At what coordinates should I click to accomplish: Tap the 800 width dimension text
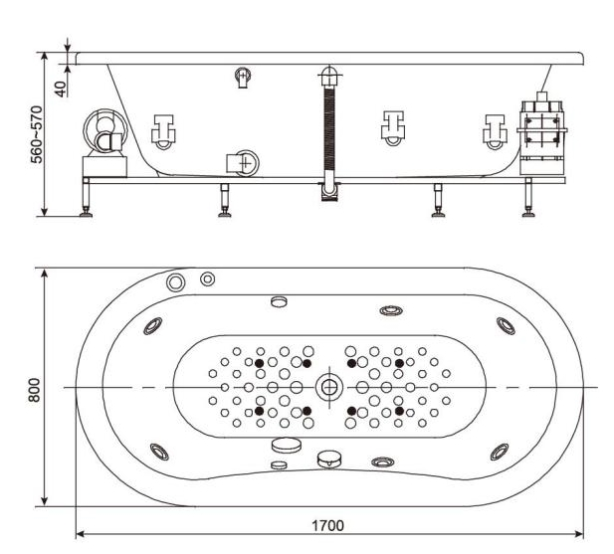34,387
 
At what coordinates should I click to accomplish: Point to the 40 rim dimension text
61,88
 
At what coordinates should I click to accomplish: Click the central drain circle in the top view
327,387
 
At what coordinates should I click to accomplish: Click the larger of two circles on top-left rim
176,282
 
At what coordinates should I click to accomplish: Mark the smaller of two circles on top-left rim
207,278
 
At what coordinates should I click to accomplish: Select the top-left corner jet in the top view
154,324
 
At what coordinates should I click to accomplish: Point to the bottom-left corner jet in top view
159,451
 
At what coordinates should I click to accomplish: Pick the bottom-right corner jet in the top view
499,452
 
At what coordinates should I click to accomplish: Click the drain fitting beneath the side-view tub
327,190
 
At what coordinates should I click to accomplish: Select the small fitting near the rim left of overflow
243,77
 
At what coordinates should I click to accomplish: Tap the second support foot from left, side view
225,203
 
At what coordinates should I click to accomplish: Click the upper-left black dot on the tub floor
259,364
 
